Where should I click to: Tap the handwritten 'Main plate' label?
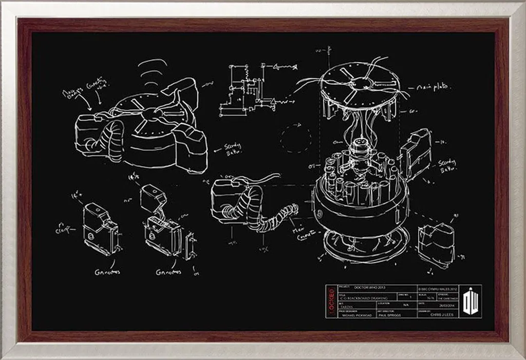(436, 88)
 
